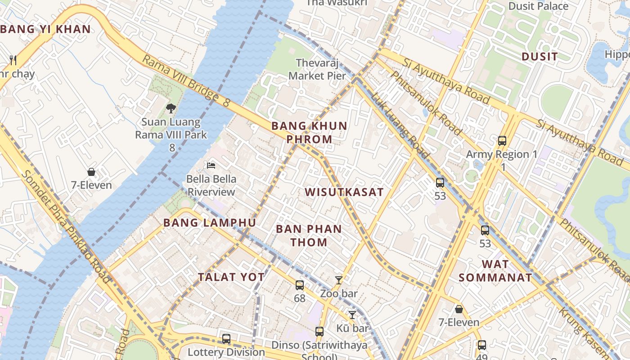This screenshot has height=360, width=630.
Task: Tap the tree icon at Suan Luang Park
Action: coord(171,108)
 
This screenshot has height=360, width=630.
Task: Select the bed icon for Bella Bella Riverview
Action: coord(211,165)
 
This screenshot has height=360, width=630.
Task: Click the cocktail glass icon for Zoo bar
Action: coord(339,280)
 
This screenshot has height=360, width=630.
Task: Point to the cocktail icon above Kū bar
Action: coord(352,315)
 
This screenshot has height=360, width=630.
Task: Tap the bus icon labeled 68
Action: coord(300,285)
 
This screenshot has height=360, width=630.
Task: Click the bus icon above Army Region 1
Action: coord(502,140)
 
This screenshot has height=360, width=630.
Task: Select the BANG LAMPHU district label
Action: coord(210,223)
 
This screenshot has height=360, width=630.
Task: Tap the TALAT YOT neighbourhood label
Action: coord(231,277)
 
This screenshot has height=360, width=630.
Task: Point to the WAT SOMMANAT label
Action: coord(495,271)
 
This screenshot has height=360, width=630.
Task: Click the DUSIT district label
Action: coord(540,57)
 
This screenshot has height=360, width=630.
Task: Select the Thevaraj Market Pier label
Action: coord(317,69)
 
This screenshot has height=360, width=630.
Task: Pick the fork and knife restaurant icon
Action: coord(13,59)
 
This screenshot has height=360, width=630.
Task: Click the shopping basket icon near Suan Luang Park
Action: coord(91,172)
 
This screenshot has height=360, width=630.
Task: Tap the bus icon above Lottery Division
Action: coord(226,338)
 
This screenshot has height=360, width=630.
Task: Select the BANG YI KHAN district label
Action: coord(45,29)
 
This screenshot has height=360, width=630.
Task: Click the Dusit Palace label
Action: coord(538,6)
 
